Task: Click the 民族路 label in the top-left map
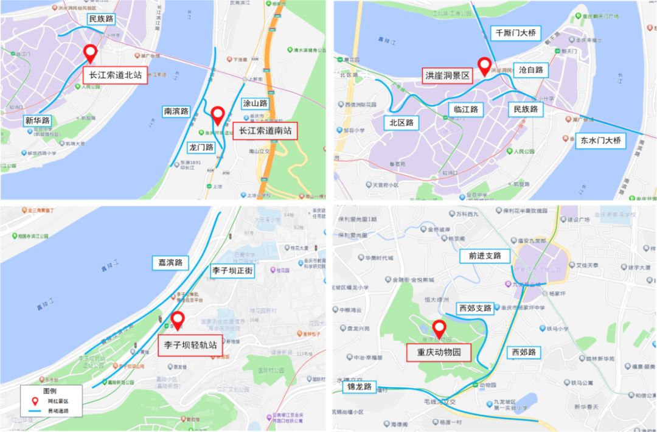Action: [102, 19]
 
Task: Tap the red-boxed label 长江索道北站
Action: [115, 75]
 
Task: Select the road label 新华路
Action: [38, 120]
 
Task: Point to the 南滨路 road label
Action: [176, 111]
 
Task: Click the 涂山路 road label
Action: [255, 103]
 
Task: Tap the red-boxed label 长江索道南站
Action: [265, 131]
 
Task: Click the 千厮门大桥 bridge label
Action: [516, 33]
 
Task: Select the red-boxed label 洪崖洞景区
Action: [448, 76]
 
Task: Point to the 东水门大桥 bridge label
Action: [600, 141]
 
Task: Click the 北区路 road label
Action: [401, 123]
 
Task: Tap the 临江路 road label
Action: [467, 110]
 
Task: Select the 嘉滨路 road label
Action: [170, 263]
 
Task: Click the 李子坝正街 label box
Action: [232, 271]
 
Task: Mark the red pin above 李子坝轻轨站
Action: [178, 319]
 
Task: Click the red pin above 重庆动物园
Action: [439, 327]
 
